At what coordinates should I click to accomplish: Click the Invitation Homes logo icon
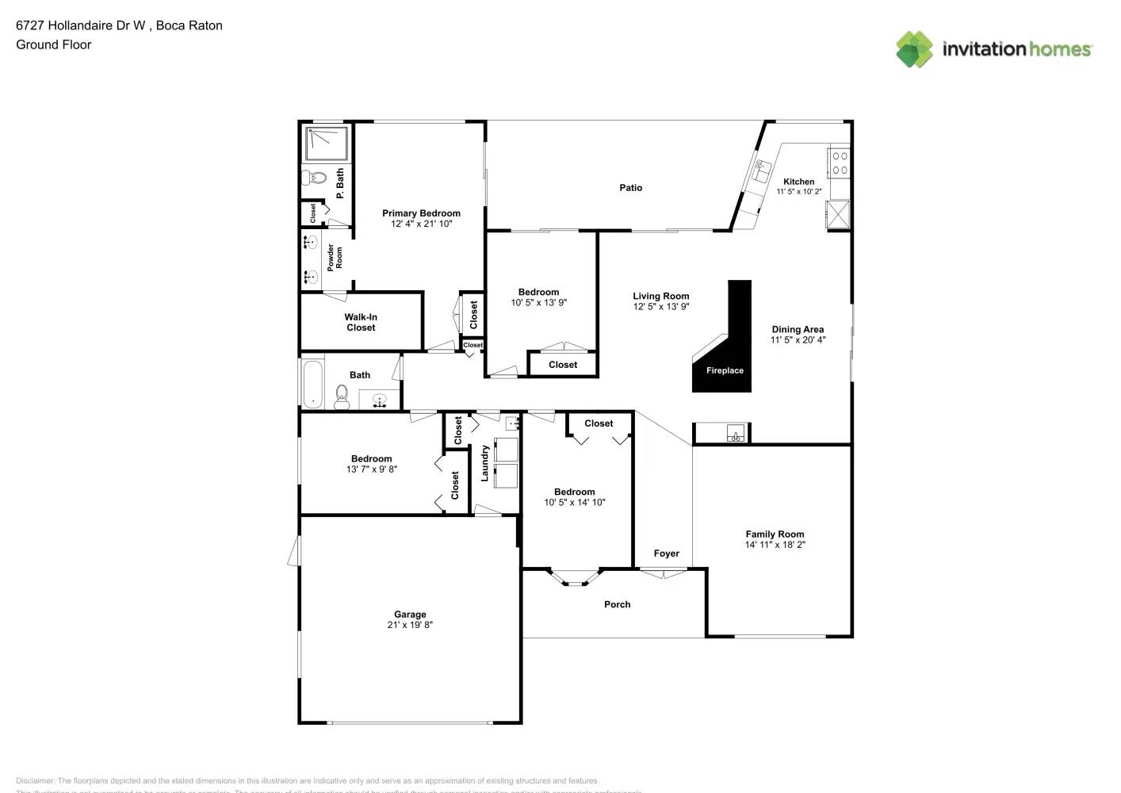pos(914,49)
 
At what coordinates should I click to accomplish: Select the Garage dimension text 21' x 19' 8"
pos(410,625)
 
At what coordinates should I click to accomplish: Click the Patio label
pos(630,188)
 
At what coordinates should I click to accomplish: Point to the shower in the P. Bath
pos(326,143)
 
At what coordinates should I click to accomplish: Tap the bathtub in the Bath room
pos(312,384)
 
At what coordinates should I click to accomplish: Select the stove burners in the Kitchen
pos(840,163)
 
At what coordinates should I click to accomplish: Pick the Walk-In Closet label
pos(361,322)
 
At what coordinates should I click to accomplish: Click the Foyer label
pos(666,554)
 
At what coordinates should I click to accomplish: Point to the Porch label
pos(617,604)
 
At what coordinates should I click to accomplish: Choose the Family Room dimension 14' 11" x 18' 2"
pos(775,545)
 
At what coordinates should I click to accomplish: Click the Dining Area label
pos(798,329)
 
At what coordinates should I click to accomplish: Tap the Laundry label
pos(484,463)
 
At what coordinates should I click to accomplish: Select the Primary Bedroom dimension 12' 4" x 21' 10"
pos(421,224)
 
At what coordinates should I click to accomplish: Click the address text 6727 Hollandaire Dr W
pos(81,25)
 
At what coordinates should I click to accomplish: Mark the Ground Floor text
pos(54,44)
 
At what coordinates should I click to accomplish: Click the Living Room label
pos(660,296)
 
